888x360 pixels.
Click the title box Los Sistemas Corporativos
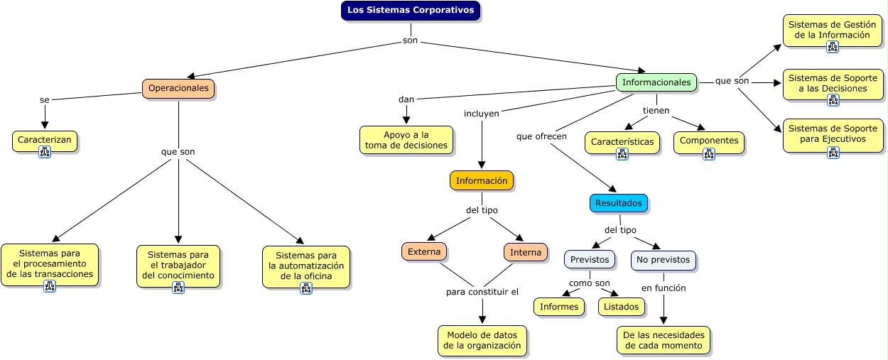410,11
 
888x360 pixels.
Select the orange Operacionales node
178,88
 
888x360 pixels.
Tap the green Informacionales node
656,82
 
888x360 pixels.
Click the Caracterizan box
44,140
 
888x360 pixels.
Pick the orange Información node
482,180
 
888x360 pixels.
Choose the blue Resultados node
618,203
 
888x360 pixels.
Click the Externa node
424,251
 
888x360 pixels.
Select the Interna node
526,252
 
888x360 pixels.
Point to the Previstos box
590,259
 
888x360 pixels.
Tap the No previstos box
663,260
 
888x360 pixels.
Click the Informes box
559,307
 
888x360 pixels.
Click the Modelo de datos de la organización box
482,340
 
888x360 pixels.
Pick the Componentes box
709,141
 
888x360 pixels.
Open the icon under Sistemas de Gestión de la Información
833,47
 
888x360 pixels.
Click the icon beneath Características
622,154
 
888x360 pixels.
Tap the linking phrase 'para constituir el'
482,292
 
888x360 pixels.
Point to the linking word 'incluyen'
482,113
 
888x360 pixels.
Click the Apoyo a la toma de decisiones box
406,140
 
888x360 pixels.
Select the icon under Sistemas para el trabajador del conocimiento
178,288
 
